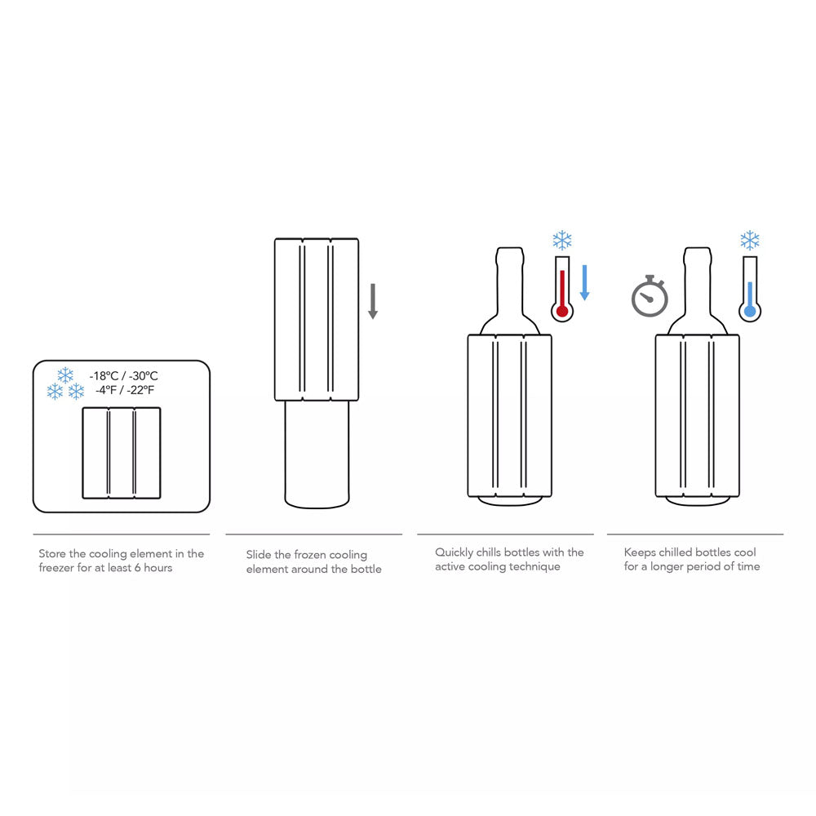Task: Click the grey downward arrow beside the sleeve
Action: click(373, 301)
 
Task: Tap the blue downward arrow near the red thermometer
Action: click(584, 282)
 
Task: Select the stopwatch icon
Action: click(650, 295)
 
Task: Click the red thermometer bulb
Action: click(562, 311)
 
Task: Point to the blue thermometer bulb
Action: click(750, 311)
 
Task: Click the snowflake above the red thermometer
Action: click(562, 241)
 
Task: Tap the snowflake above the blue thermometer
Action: click(750, 241)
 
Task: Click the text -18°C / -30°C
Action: click(124, 375)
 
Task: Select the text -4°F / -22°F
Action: click(125, 390)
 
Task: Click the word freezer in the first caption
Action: click(56, 568)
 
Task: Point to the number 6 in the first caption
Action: click(137, 568)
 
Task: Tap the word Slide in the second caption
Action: click(258, 555)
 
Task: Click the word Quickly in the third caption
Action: click(454, 552)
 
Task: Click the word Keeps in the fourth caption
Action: click(640, 552)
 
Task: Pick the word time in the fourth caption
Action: click(748, 566)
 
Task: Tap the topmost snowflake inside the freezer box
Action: click(65, 375)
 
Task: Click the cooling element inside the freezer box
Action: click(122, 453)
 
